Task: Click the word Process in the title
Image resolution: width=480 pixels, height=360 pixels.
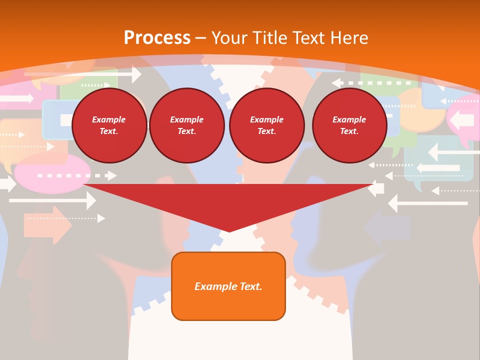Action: [157, 38]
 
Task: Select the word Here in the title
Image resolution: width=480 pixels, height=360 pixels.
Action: [347, 38]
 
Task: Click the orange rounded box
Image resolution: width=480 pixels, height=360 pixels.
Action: [228, 286]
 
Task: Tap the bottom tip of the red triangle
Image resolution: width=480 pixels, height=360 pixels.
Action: [229, 231]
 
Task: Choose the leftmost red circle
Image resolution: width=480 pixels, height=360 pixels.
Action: [109, 125]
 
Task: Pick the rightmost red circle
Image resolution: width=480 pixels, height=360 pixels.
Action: [349, 125]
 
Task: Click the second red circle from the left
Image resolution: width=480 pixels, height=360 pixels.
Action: [186, 125]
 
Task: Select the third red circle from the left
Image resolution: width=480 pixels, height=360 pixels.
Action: [266, 125]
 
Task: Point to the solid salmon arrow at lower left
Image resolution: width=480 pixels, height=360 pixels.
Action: [47, 225]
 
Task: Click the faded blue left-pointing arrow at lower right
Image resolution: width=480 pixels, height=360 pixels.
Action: [387, 227]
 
